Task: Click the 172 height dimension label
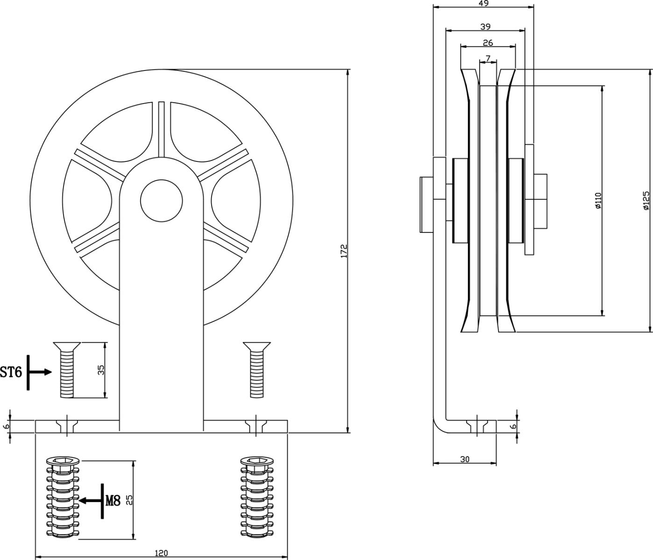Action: pos(344,251)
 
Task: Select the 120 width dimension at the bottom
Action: pos(161,553)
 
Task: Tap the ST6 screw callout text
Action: pos(11,372)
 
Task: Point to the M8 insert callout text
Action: pos(113,501)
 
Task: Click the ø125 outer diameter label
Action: pos(646,200)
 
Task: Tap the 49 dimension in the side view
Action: pos(484,3)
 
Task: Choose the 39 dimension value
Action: pos(485,27)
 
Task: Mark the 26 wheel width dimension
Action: pos(488,43)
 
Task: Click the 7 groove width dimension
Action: pos(488,58)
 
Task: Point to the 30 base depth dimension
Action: pos(465,459)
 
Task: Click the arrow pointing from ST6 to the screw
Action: pos(43,372)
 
